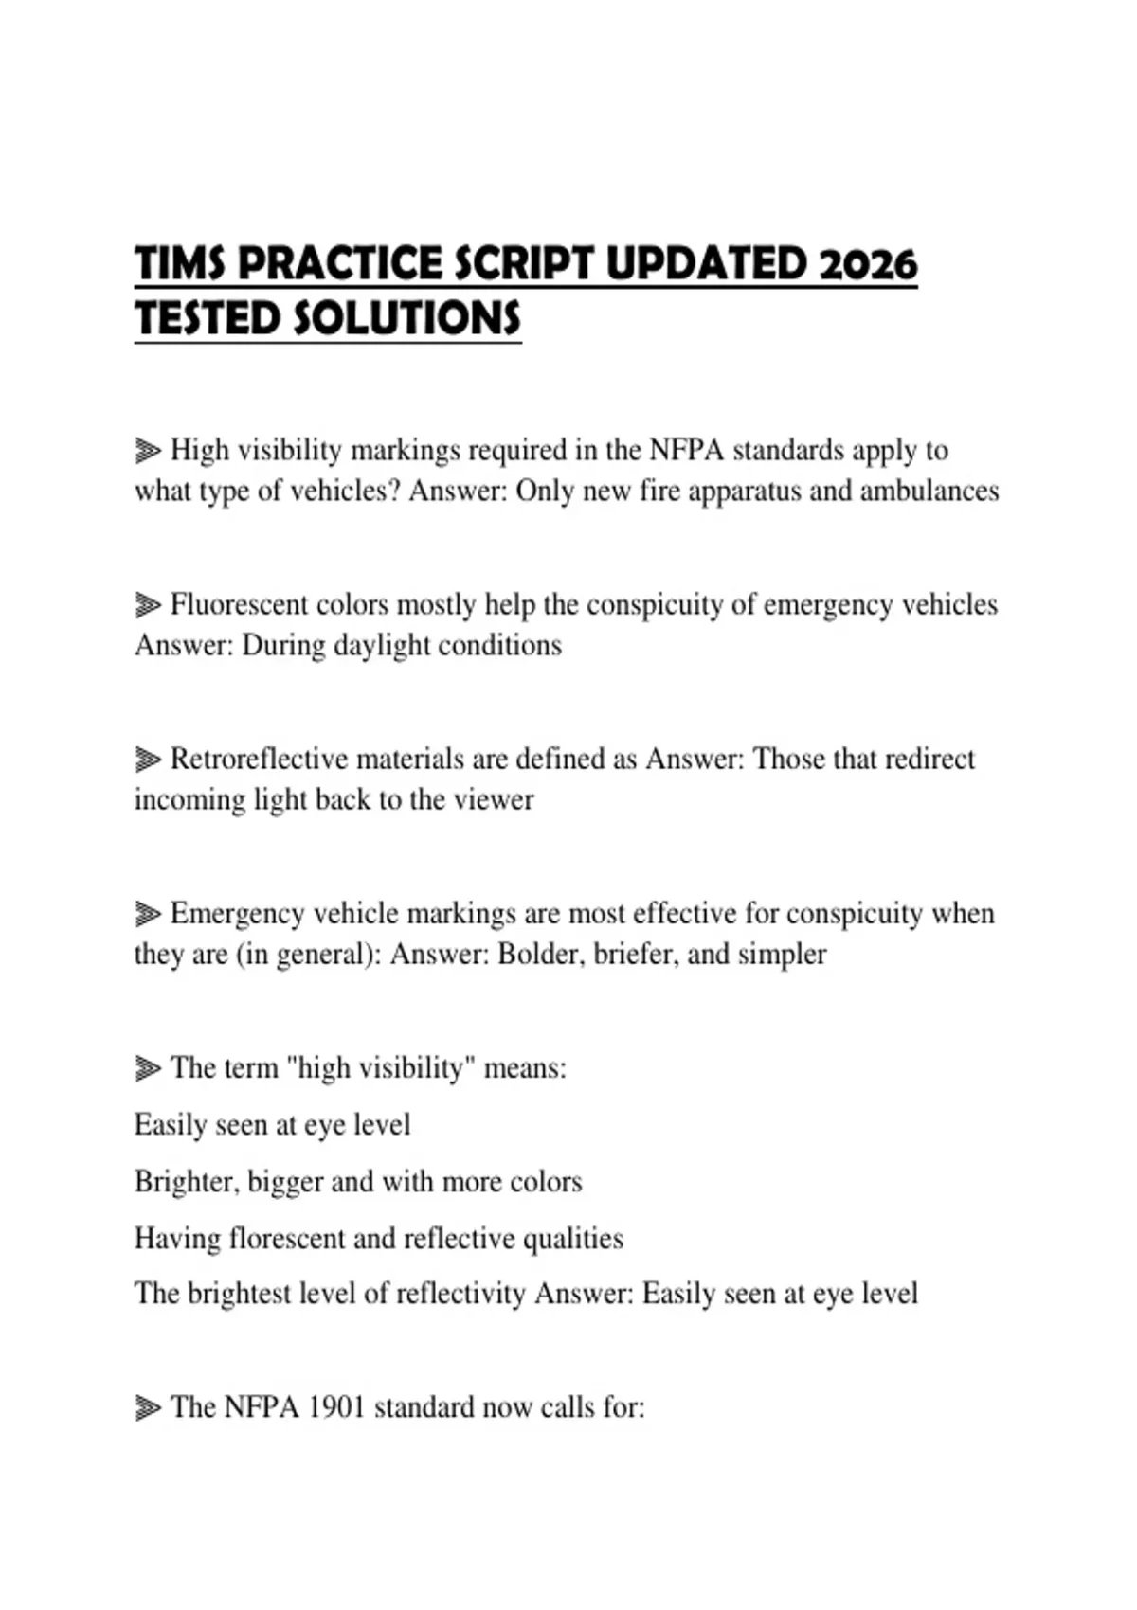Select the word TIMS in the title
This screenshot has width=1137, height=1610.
click(181, 264)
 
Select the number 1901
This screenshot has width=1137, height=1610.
click(337, 1407)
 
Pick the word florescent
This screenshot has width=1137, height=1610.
click(288, 1239)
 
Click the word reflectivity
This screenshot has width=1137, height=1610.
click(460, 1294)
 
